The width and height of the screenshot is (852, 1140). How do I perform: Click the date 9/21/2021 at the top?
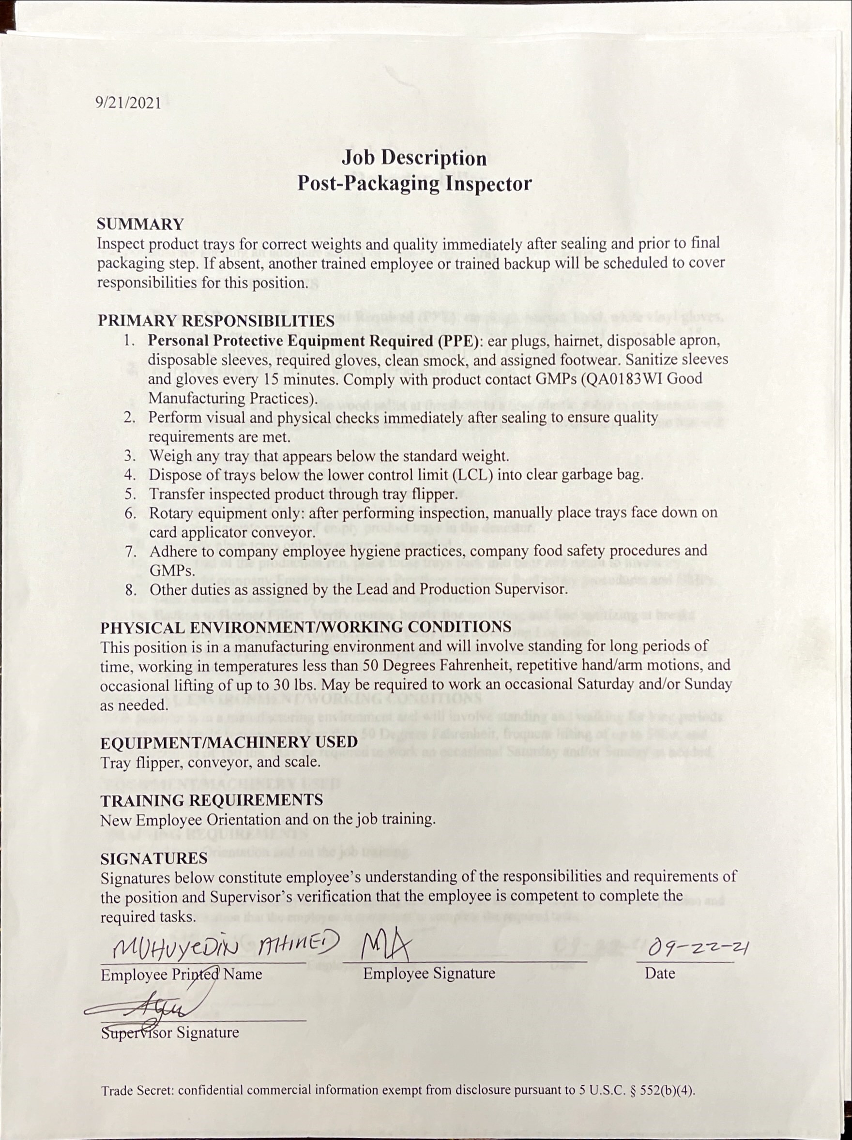click(x=128, y=103)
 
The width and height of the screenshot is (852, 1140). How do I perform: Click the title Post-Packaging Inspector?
click(x=414, y=184)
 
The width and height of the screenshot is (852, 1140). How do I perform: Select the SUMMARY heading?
click(x=140, y=224)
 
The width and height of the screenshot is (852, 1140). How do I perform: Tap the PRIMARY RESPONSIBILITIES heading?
click(x=216, y=320)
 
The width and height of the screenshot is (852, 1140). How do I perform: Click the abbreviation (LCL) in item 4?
click(x=472, y=475)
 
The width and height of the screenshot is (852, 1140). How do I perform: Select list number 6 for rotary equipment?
click(x=131, y=513)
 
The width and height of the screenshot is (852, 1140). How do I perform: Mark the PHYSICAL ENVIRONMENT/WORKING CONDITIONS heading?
click(x=306, y=628)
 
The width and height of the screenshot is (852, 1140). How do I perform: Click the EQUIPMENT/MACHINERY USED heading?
click(x=229, y=743)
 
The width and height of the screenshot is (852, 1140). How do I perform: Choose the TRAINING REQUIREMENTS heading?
click(x=212, y=800)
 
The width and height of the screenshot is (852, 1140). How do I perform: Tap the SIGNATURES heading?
click(x=153, y=858)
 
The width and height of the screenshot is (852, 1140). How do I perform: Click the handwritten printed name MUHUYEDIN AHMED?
click(x=226, y=945)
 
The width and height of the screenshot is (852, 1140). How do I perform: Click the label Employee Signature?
click(x=429, y=974)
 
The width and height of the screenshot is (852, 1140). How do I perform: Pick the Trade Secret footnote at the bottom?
click(x=398, y=1091)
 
